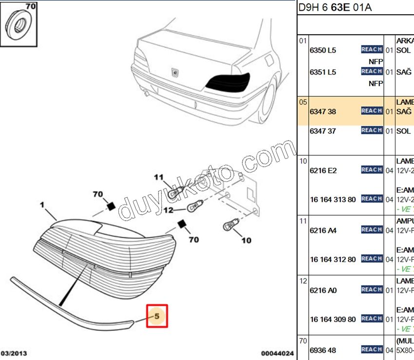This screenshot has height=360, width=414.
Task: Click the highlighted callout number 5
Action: pyautogui.click(x=157, y=316)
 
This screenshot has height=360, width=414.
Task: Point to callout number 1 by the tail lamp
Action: pyautogui.click(x=42, y=205)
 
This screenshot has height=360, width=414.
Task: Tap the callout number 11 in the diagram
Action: pyautogui.click(x=159, y=177)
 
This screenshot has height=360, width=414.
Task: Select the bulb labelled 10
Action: pyautogui.click(x=230, y=226)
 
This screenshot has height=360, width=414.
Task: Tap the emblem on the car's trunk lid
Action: pyautogui.click(x=174, y=72)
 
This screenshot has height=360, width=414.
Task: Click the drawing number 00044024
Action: pyautogui.click(x=277, y=353)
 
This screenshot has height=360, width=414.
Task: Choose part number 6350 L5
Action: pyautogui.click(x=323, y=50)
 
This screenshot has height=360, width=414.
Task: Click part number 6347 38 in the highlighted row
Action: pyautogui.click(x=323, y=112)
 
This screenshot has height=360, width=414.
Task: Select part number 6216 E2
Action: pyautogui.click(x=323, y=171)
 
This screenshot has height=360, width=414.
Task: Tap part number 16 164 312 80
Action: pyautogui.click(x=333, y=259)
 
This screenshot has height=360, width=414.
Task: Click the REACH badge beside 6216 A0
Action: pyautogui.click(x=372, y=290)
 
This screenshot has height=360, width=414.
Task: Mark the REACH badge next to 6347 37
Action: pyautogui.click(x=372, y=131)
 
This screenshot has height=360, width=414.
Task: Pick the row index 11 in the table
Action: pyautogui.click(x=303, y=221)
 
